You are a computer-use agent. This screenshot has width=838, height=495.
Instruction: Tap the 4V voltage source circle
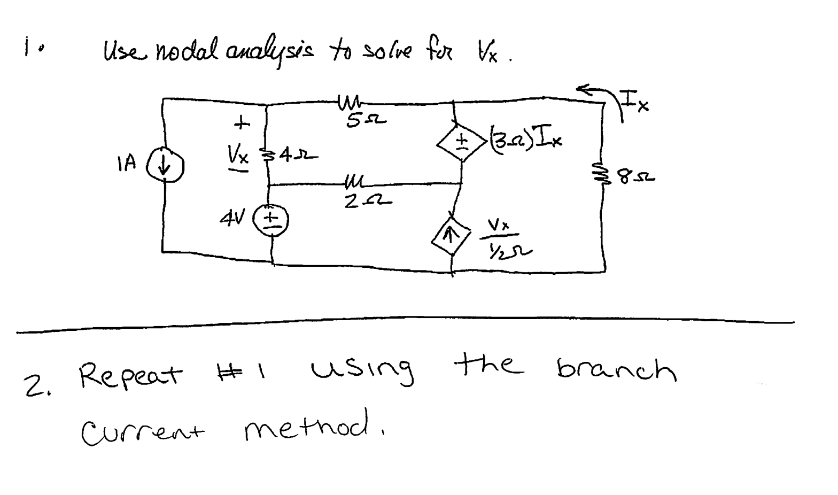click(x=273, y=219)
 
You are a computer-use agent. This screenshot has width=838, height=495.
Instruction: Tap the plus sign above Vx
click(x=243, y=124)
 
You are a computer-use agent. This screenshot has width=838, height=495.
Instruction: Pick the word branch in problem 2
click(x=616, y=368)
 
